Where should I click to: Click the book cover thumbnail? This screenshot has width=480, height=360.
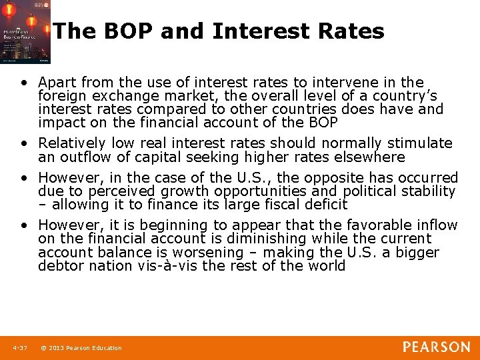25,32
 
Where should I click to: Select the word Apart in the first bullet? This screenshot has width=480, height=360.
55,82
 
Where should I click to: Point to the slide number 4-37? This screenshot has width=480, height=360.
19,348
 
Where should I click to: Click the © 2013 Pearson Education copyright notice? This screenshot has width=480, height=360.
81,348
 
